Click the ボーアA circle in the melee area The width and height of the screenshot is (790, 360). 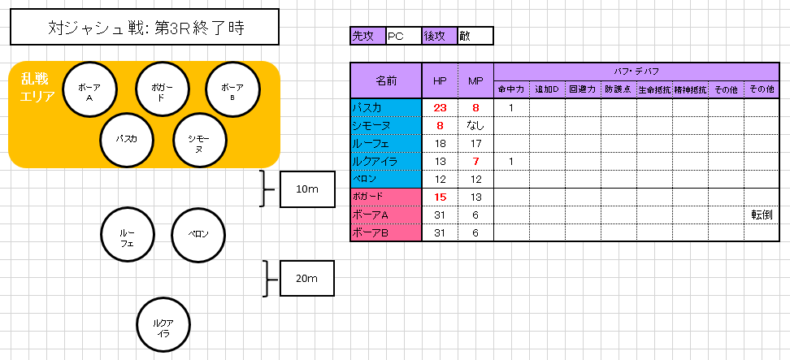tap(89, 89)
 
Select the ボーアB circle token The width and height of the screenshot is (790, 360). tap(232, 89)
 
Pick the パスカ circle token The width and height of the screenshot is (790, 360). tap(127, 139)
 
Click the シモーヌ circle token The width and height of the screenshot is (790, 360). tap(199, 139)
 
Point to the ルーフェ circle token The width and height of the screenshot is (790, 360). tap(127, 234)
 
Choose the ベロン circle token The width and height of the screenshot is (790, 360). tap(198, 234)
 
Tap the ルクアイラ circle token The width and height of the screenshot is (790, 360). tap(163, 324)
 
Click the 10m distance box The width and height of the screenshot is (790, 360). tap(307, 189)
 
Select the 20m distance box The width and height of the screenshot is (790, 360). tap(307, 278)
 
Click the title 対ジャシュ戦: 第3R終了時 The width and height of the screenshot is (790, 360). tap(145, 27)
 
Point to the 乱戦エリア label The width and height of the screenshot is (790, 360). tap(37, 87)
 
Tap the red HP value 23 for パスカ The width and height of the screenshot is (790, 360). tap(440, 107)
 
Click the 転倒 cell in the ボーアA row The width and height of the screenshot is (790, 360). tap(762, 215)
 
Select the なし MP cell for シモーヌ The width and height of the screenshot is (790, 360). tap(475, 125)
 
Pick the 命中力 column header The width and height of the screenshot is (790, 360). tap(511, 89)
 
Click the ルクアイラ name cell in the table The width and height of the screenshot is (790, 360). tap(386, 161)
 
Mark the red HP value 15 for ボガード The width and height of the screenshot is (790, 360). tap(440, 197)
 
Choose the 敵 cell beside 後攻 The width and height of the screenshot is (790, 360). tap(475, 36)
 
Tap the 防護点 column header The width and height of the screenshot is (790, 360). tap(619, 89)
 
